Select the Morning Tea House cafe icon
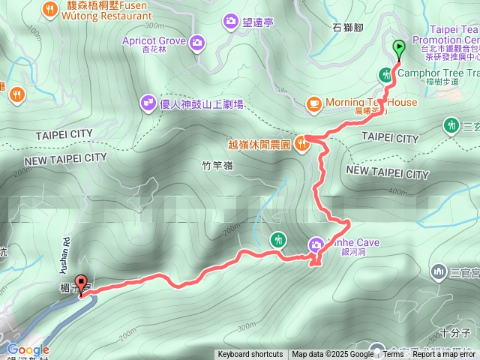point(313,103)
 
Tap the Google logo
point(28,349)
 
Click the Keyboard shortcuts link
point(250,355)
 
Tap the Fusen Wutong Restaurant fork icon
point(51,9)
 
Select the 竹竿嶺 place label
point(219,166)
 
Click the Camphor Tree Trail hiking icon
point(384,73)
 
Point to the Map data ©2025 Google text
point(332,355)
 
